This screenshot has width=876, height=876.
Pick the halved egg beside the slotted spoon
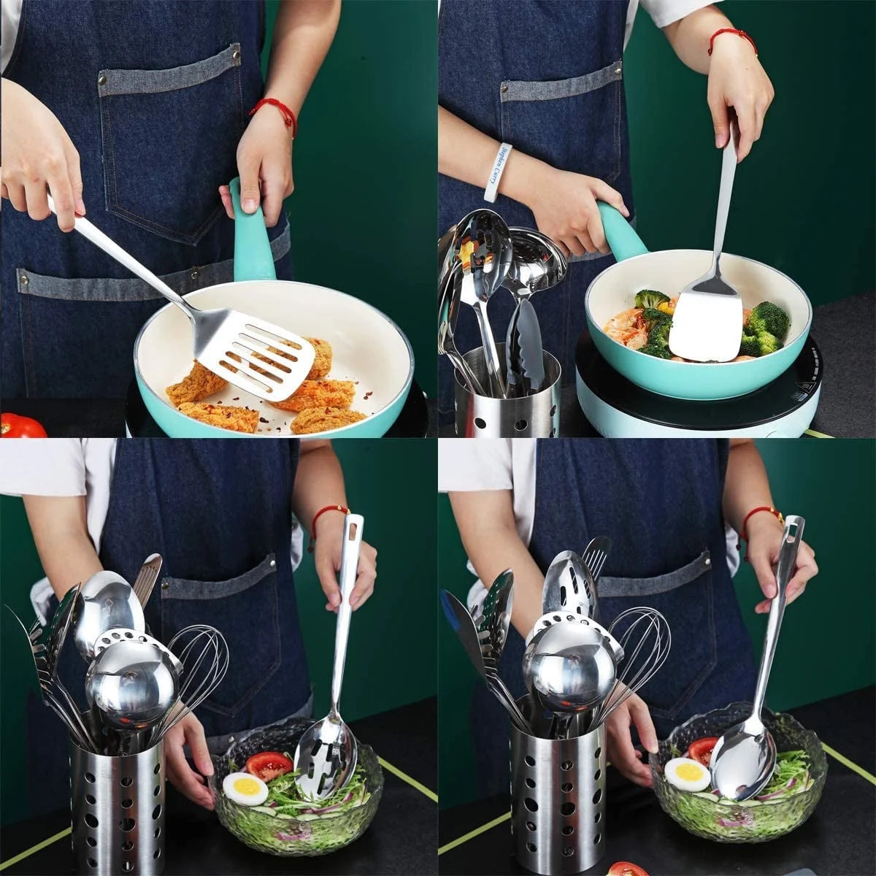pyautogui.click(x=245, y=788)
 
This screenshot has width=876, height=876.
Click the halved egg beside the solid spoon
pyautogui.click(x=687, y=775)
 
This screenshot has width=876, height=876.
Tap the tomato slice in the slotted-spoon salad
pyautogui.click(x=269, y=765)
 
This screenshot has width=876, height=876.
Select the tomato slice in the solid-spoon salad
pyautogui.click(x=703, y=750)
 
